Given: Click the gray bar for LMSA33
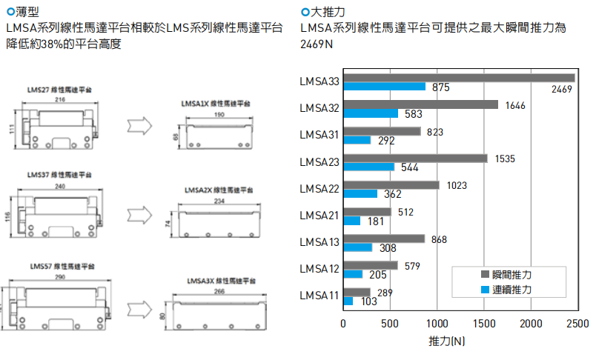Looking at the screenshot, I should [x=460, y=78].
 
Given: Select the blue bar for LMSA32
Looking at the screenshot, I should [x=371, y=114].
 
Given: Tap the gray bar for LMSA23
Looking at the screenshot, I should [x=416, y=158].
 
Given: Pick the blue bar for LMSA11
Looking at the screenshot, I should [x=348, y=301].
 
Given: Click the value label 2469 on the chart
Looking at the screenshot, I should [x=562, y=90].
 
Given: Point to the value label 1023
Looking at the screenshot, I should [x=457, y=185].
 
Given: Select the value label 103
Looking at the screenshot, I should [x=368, y=302].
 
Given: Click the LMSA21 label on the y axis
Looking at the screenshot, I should [x=319, y=216].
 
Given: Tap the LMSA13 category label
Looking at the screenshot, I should [x=319, y=242].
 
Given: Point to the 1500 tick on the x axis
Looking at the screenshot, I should [x=483, y=324].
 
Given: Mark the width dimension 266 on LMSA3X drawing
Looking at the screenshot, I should [x=219, y=292].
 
